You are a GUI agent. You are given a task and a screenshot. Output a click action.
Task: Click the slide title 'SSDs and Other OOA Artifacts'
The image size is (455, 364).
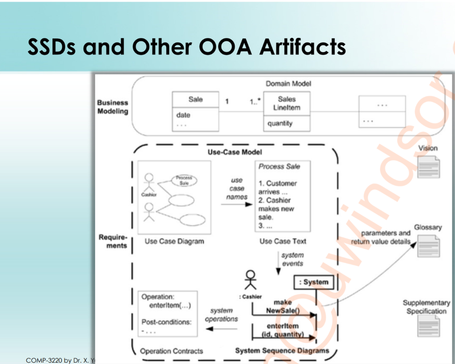[187, 47]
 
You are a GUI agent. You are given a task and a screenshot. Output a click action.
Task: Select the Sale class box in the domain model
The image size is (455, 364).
[196, 111]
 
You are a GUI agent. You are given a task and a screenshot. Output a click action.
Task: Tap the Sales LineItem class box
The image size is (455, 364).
[287, 111]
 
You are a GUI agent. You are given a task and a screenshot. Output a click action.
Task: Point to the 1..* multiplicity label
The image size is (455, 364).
[255, 101]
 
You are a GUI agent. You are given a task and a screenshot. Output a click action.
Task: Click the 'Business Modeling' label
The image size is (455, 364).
[112, 107]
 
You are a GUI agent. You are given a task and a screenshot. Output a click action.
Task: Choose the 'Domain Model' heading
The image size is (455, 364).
[288, 83]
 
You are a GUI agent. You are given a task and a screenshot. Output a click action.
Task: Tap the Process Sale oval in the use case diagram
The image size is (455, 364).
[184, 180]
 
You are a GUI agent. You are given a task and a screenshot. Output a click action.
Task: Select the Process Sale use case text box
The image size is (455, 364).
[283, 196]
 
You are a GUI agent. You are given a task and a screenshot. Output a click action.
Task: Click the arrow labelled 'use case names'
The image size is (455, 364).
[235, 204]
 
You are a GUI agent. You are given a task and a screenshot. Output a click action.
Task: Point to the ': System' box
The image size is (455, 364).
[314, 282]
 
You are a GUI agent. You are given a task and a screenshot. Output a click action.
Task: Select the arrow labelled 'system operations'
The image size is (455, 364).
[222, 329]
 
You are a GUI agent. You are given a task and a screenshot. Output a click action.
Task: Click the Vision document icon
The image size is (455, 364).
[428, 167]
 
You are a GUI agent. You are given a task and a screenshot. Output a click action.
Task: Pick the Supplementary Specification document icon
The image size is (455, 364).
[428, 325]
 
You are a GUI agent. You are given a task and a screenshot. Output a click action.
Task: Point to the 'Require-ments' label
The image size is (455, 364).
[113, 241]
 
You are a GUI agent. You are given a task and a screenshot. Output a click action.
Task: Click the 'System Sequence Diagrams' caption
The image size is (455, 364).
[282, 351]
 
